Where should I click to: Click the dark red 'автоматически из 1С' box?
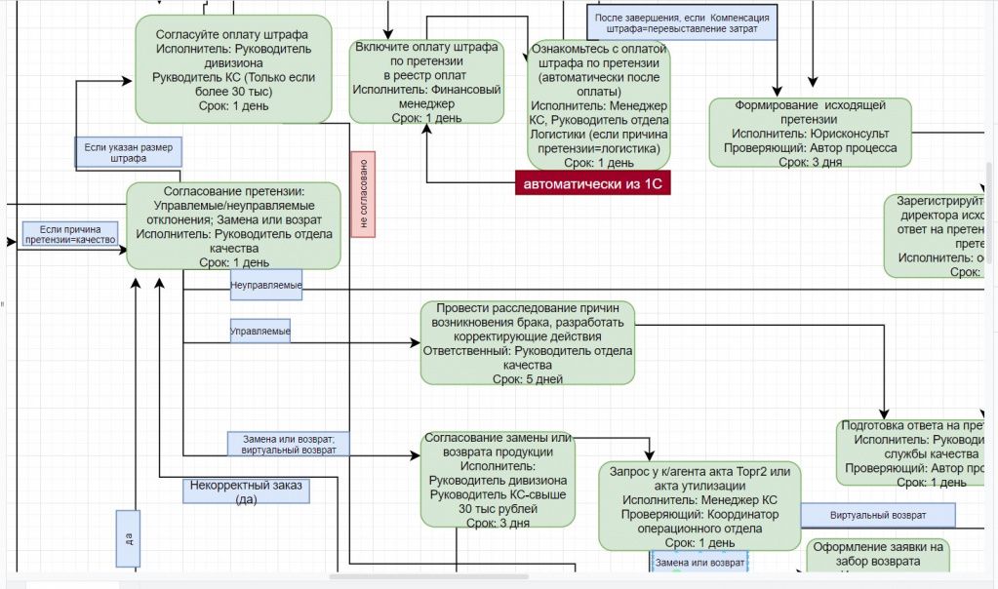[x=593, y=182]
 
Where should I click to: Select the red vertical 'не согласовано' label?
[x=363, y=194]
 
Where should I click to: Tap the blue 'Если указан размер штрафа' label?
[x=129, y=152]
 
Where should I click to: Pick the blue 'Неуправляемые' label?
[x=265, y=285]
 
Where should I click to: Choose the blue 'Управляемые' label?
[x=260, y=332]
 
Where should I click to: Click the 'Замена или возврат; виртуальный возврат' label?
[x=288, y=444]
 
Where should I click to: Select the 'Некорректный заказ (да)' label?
[x=246, y=491]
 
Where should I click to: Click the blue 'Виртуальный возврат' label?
[x=878, y=514]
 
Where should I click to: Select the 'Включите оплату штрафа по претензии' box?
[x=426, y=82]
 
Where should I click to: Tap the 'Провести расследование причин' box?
[x=527, y=342]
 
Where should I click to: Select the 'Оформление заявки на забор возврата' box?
[x=878, y=558]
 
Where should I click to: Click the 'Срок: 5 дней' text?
[x=527, y=378]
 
